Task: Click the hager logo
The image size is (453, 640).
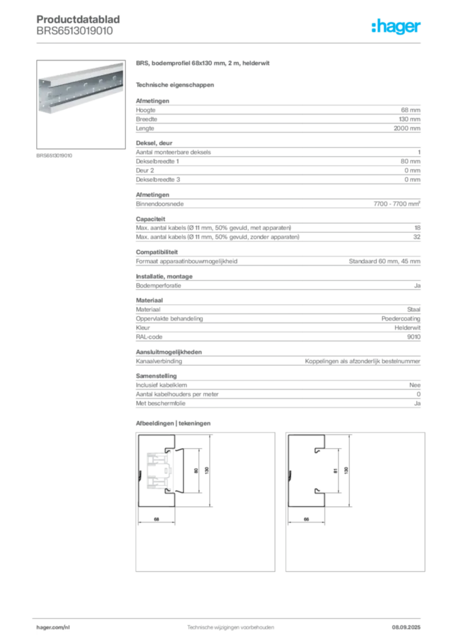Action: [x=395, y=26]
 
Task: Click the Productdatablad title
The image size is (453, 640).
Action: [x=78, y=19]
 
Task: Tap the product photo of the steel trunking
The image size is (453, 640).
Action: [x=81, y=104]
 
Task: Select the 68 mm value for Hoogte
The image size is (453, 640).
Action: [x=410, y=110]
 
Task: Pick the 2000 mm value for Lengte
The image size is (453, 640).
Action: [x=407, y=128]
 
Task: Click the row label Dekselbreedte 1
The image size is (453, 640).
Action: [x=157, y=161]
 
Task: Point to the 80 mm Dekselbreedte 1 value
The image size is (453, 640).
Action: [x=410, y=161]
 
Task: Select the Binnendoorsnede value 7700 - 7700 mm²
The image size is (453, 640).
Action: [x=397, y=204]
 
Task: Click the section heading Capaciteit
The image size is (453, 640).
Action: [x=151, y=219]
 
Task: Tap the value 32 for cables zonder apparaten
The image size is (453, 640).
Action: [x=417, y=237]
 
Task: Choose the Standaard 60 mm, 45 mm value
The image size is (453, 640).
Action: [x=384, y=261]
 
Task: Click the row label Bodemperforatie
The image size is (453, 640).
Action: [x=158, y=286]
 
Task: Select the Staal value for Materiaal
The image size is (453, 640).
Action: [x=414, y=309]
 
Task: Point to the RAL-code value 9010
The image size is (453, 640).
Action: [x=414, y=337]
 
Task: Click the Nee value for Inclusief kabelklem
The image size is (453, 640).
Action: [x=415, y=385]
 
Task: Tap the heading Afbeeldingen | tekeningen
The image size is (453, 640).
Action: [x=173, y=423]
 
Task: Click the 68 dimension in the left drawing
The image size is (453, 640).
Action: [x=156, y=519]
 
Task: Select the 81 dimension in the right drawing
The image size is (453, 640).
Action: [x=335, y=471]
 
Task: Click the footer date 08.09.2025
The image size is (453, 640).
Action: [x=406, y=627]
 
